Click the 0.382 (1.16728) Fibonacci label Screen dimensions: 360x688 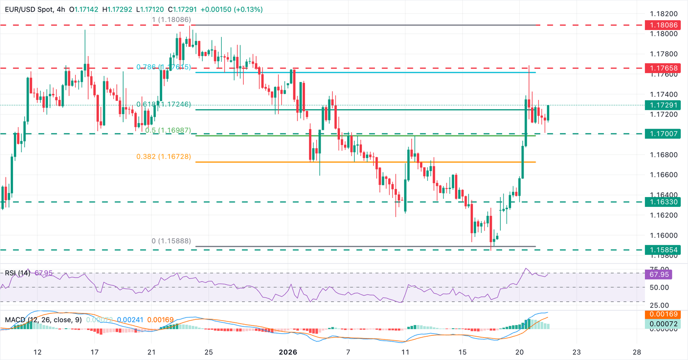[x=163, y=157]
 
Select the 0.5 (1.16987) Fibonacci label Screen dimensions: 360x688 [x=168, y=131]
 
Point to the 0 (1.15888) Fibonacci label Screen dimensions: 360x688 [x=171, y=241]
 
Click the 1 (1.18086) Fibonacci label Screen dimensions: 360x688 [x=171, y=20]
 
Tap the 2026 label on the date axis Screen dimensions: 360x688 [x=288, y=352]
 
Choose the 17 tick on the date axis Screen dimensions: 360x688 [x=95, y=352]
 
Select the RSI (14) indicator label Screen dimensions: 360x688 [x=17, y=273]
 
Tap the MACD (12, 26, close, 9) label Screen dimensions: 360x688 [x=43, y=320]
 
